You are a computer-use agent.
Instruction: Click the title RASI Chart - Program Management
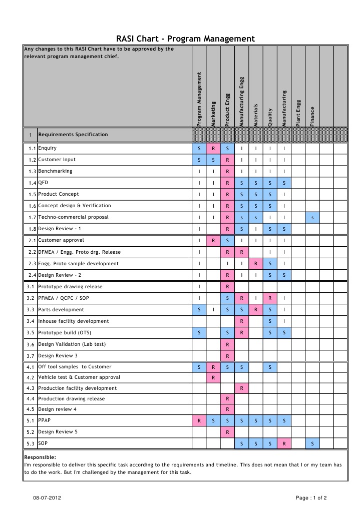[x=185, y=39]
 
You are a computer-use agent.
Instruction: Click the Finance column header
[x=312, y=116]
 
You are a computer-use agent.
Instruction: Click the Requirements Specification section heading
[x=73, y=135]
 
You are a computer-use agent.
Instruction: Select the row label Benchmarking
[x=55, y=171]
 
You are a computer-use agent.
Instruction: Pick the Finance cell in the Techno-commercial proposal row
[x=312, y=218]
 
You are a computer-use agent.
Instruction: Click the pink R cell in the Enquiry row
[x=213, y=149]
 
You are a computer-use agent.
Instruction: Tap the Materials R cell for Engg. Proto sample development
[x=256, y=264]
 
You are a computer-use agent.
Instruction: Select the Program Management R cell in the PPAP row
[x=199, y=421]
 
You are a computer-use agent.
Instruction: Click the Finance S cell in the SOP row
[x=312, y=444]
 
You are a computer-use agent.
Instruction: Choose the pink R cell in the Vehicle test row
[x=213, y=378]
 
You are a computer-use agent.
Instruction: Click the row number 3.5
[x=30, y=333]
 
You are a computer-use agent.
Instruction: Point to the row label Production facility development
[x=77, y=388]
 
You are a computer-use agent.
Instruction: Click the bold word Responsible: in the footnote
[x=40, y=457]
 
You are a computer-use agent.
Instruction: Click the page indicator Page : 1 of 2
[x=311, y=498]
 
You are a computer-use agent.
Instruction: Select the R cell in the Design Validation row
[x=227, y=345]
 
